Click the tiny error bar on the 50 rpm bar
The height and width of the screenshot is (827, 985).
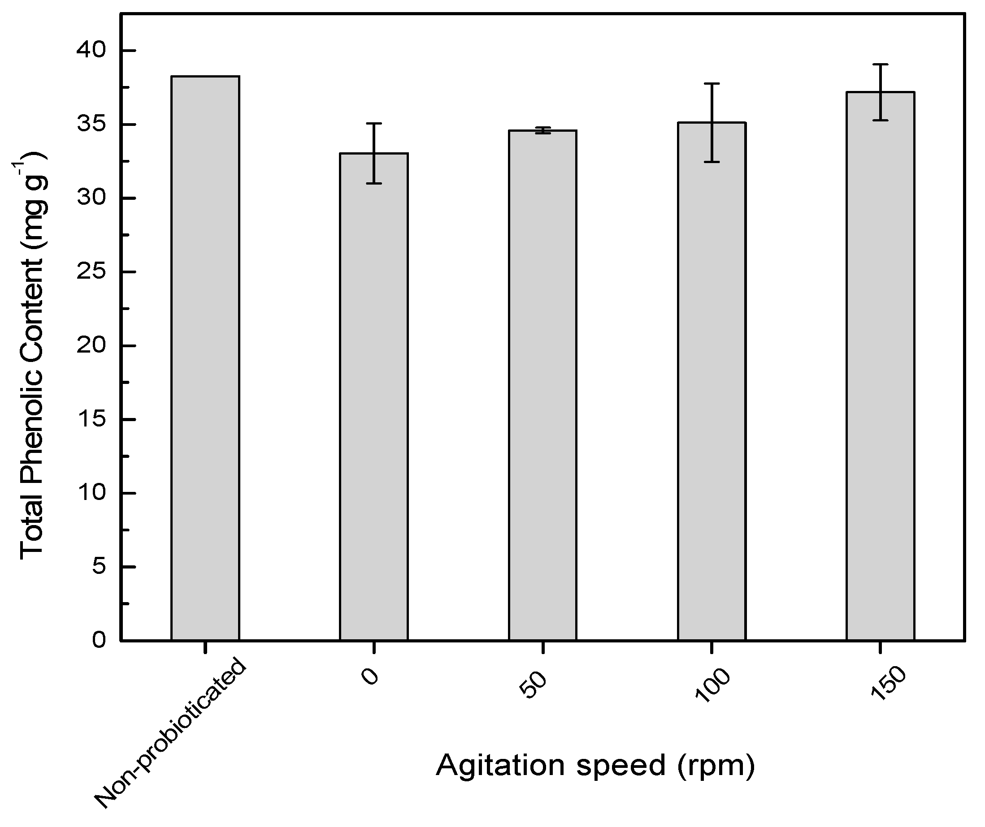click(x=542, y=130)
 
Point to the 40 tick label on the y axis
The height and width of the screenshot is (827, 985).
click(x=92, y=51)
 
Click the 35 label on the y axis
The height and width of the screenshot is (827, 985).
click(x=92, y=125)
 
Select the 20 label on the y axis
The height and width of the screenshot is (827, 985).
click(x=92, y=346)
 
